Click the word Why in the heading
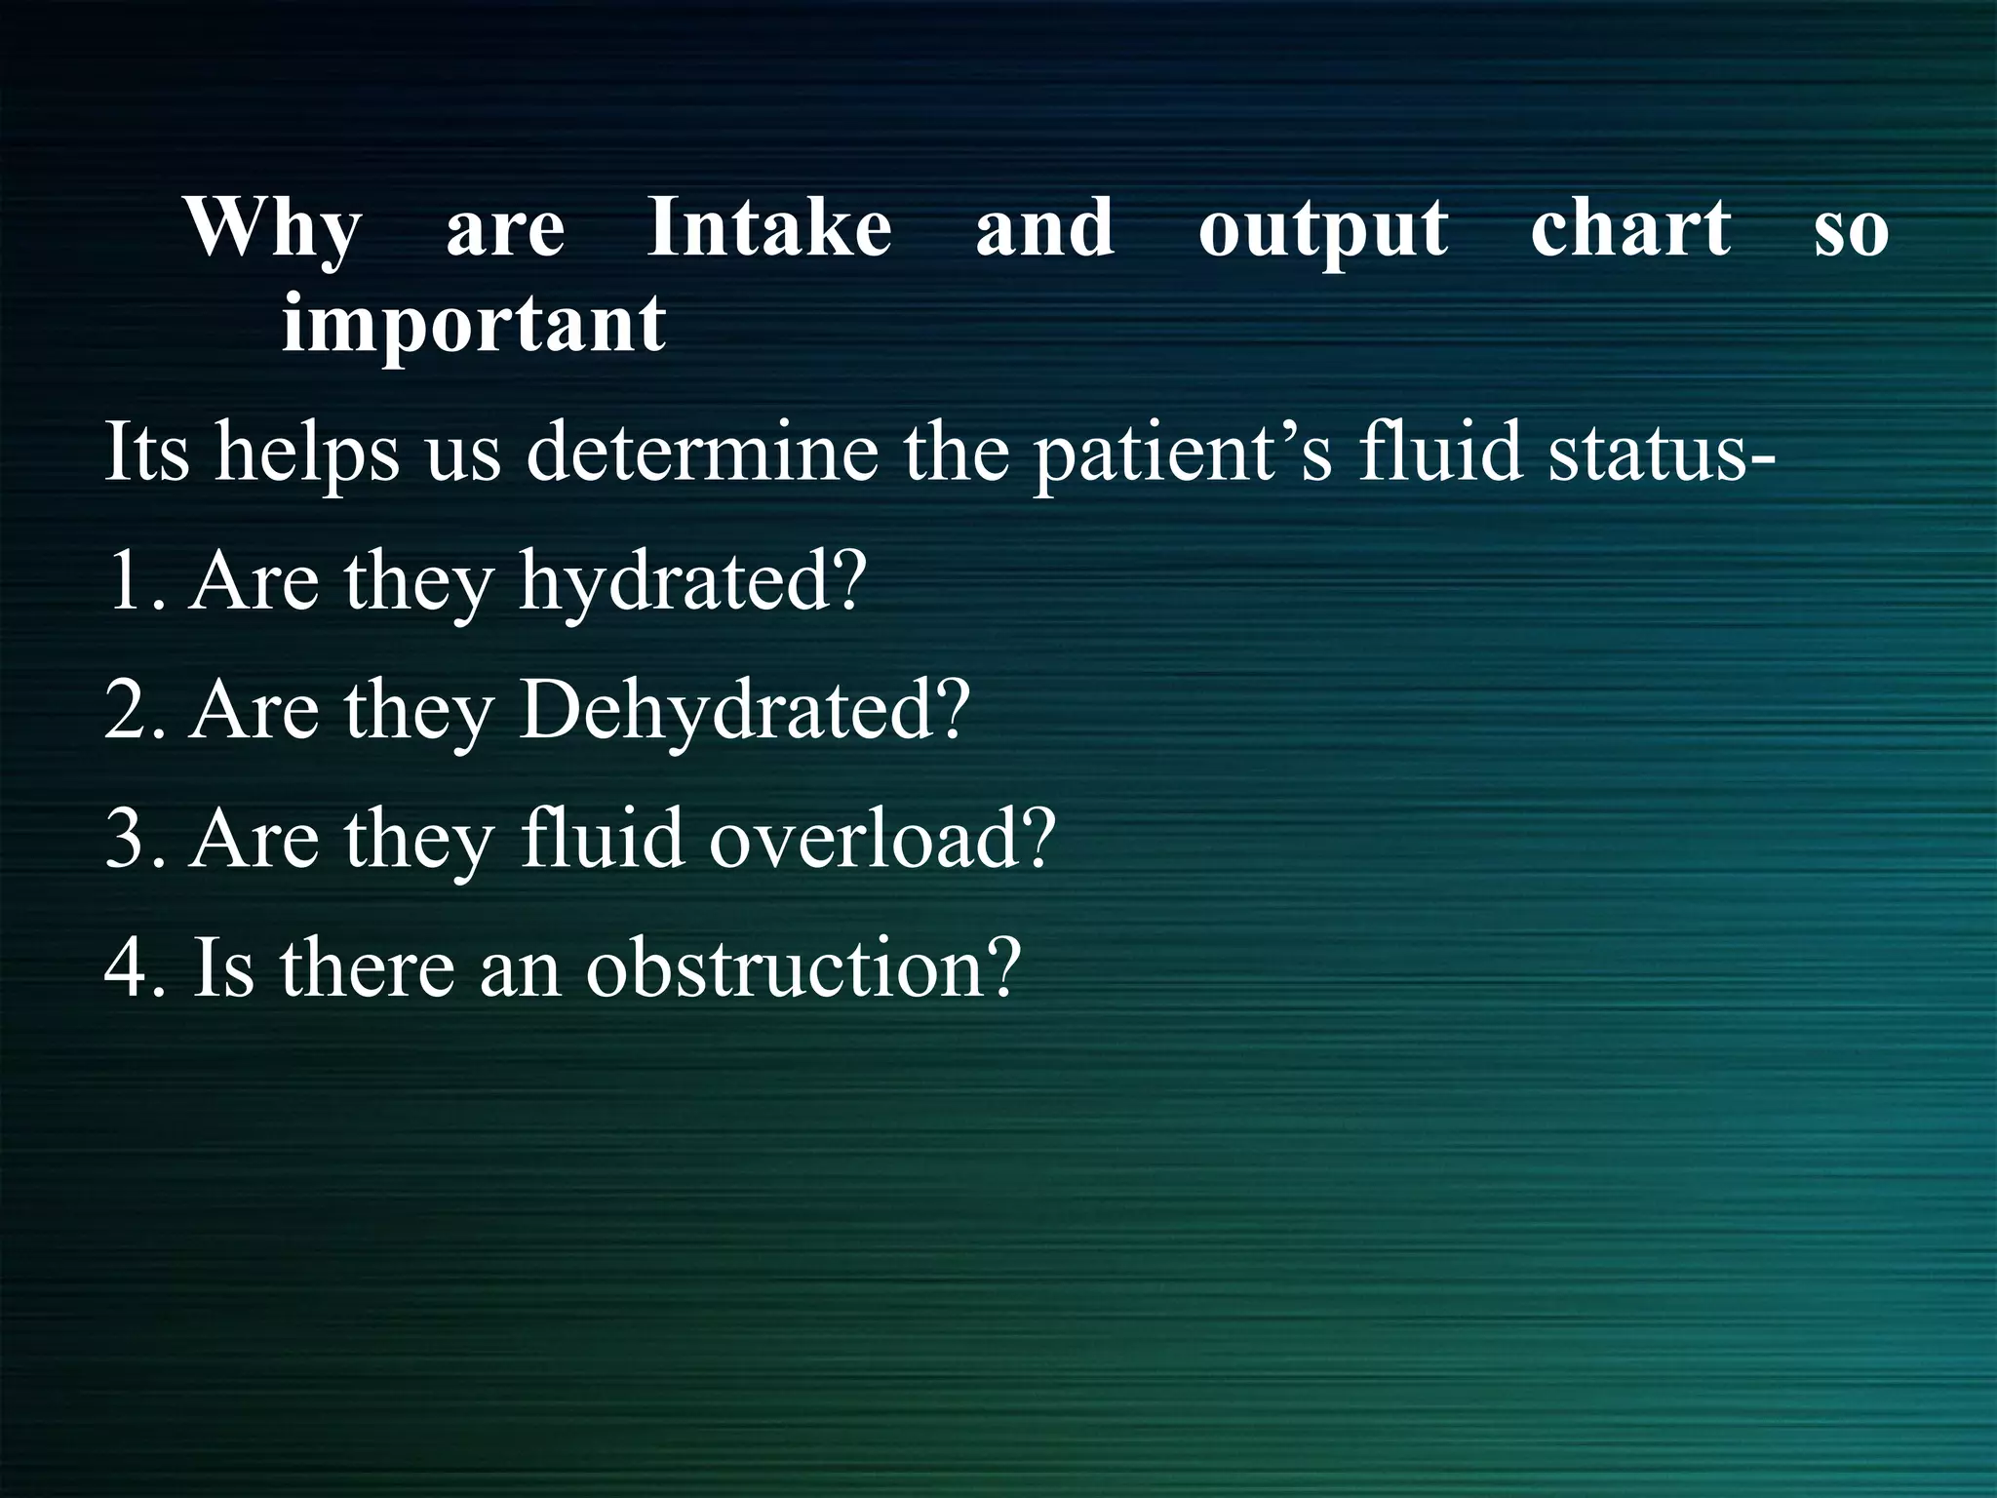[x=273, y=230]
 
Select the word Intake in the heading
[x=769, y=228]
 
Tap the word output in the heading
[x=1323, y=230]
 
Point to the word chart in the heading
[x=1630, y=228]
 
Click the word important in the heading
[x=474, y=326]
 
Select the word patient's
[x=1182, y=453]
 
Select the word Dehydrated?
[x=745, y=711]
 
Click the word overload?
[x=882, y=840]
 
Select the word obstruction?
[x=803, y=968]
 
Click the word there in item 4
[x=367, y=968]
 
